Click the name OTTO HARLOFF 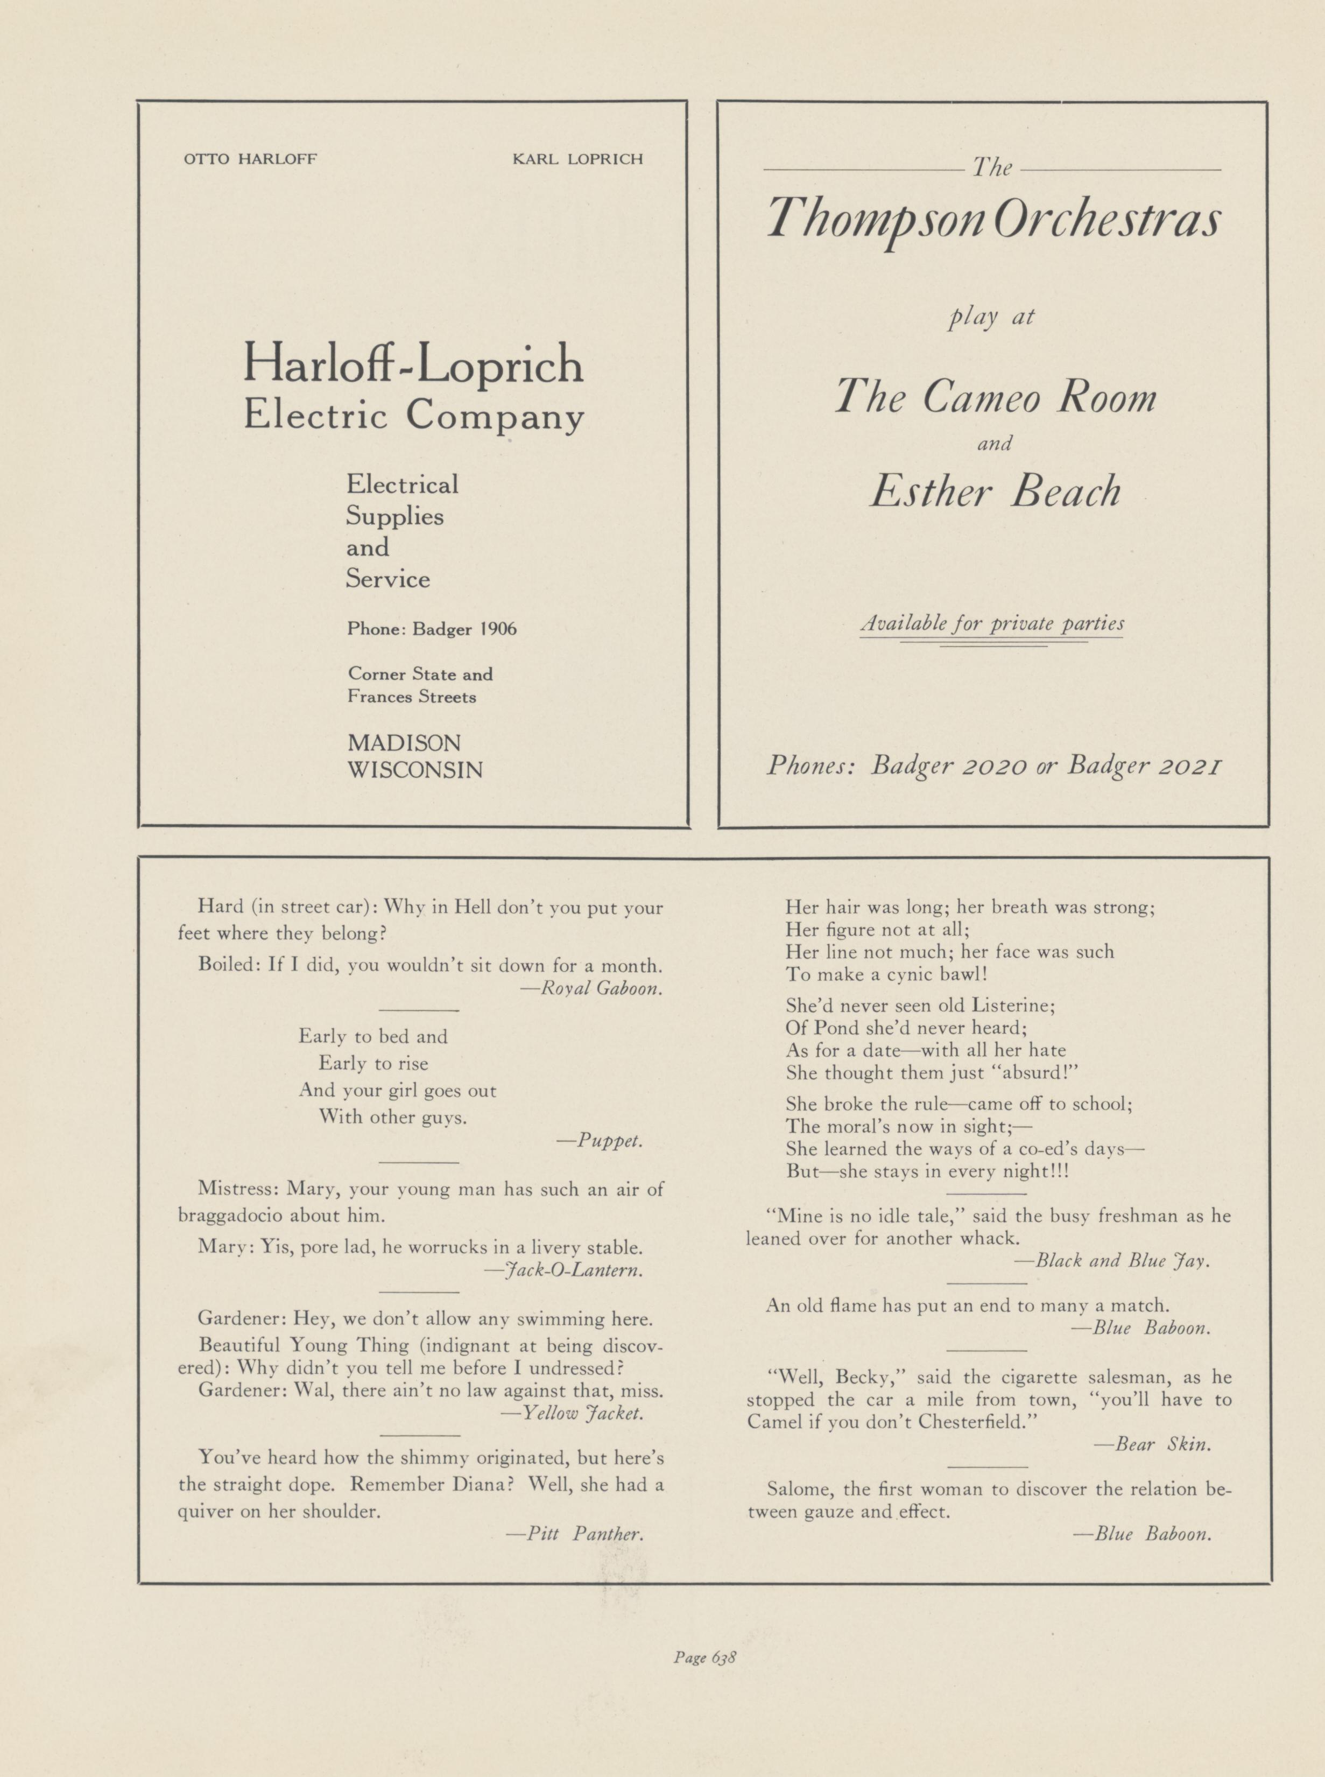[250, 159]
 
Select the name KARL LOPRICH [577, 159]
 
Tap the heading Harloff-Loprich [413, 364]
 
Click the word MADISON [404, 742]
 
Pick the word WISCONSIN [414, 770]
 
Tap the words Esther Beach [995, 491]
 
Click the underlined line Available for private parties [991, 623]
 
